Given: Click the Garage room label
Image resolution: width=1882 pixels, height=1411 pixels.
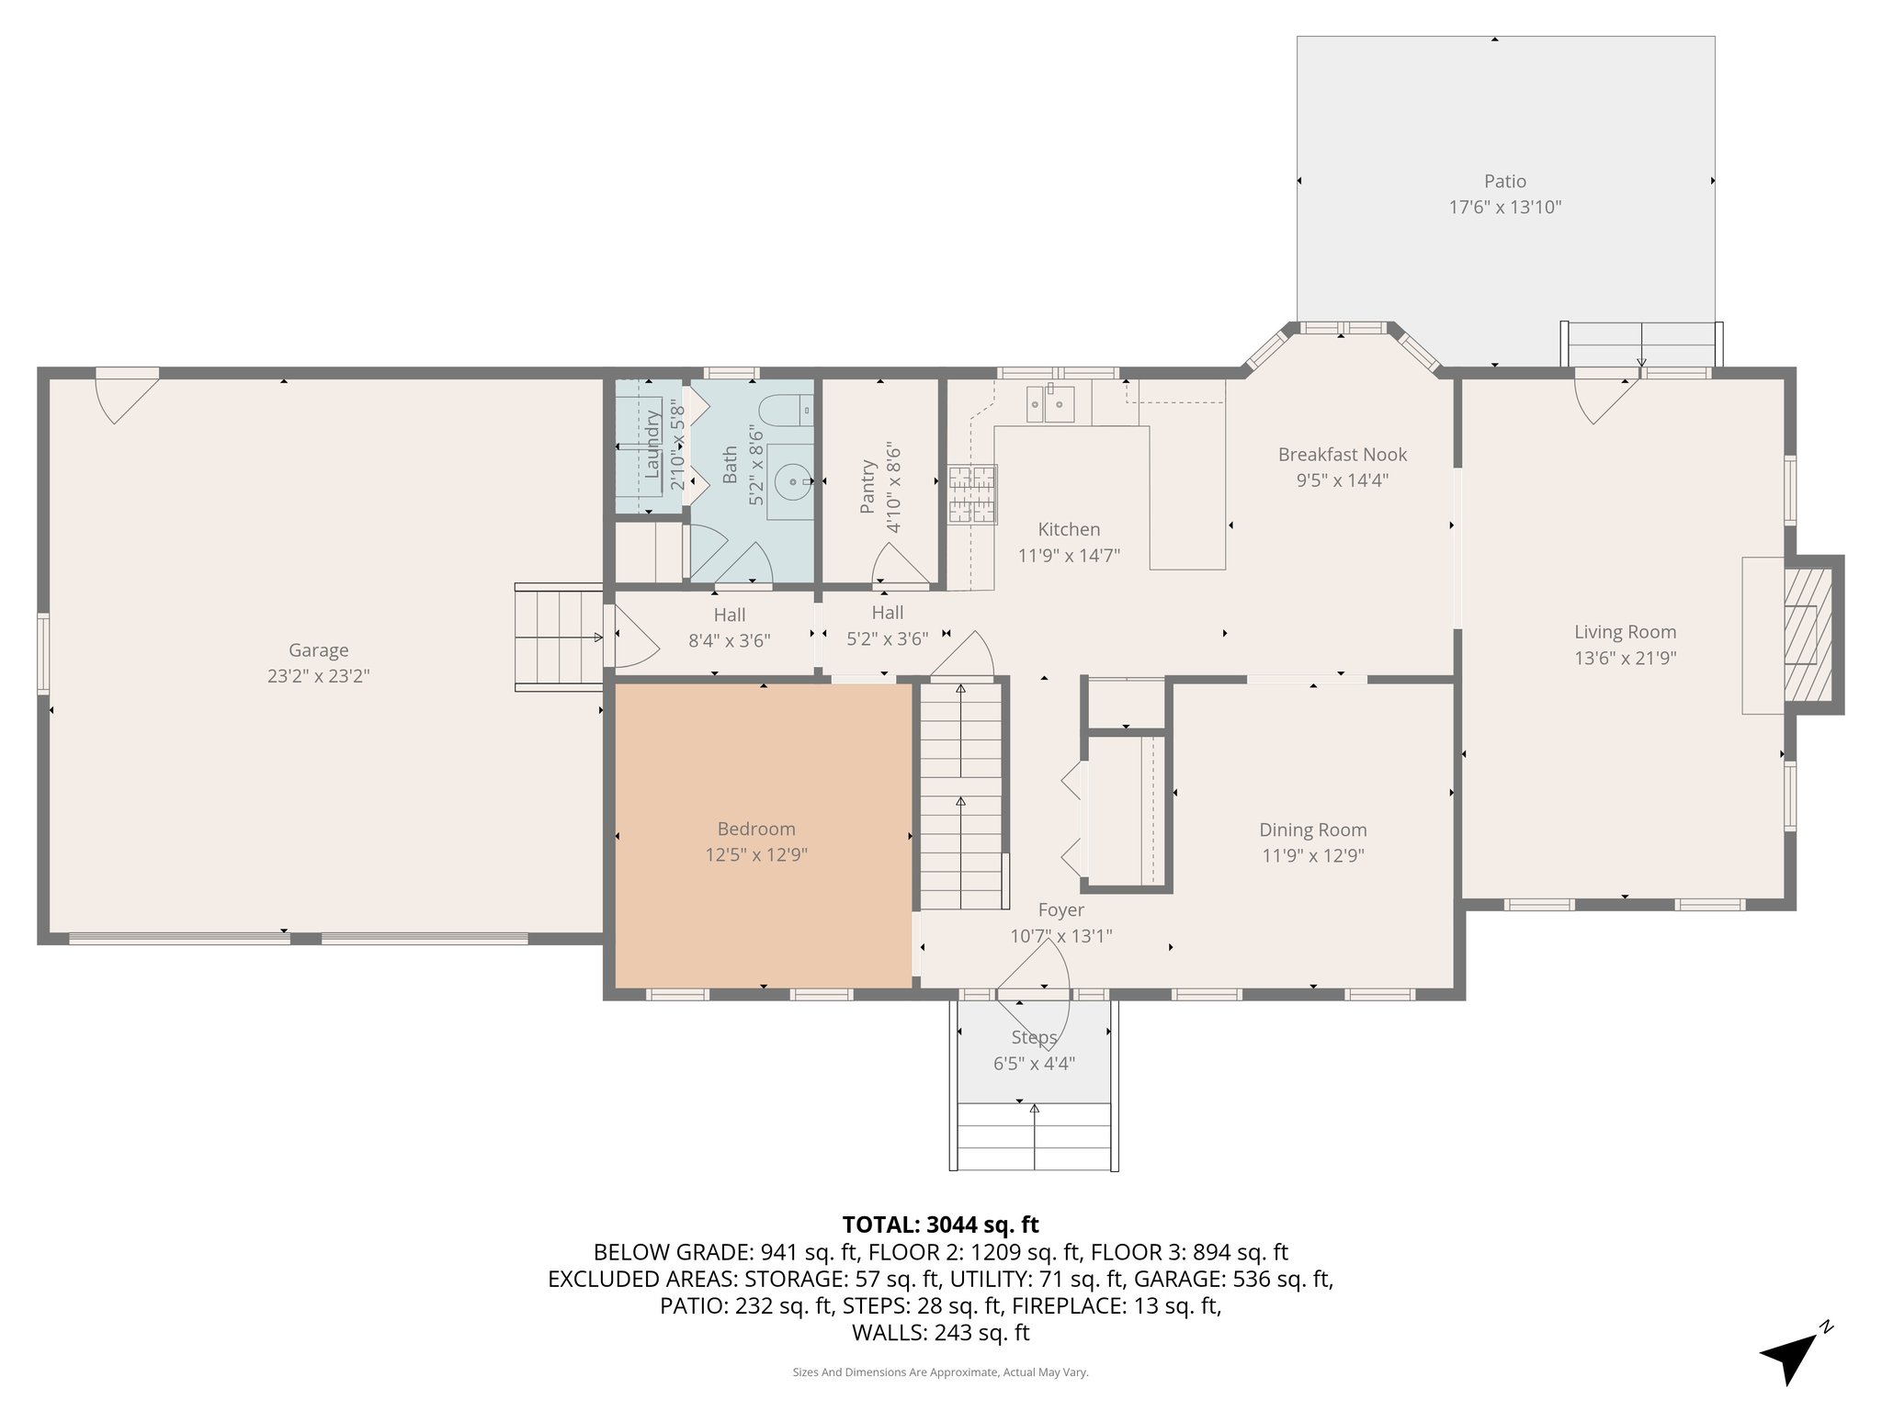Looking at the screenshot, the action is coord(319,650).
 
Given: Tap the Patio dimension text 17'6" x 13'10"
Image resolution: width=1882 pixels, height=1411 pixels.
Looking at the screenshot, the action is coord(1505,208).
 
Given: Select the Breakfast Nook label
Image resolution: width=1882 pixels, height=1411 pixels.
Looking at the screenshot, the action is coord(1343,455).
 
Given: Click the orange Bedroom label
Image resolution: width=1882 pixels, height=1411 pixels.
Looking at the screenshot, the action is coord(756,830).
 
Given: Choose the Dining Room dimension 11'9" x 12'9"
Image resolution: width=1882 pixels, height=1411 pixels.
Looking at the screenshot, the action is coord(1313,856).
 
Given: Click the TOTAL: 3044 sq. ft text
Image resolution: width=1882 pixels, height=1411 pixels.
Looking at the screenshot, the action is coord(940,1225).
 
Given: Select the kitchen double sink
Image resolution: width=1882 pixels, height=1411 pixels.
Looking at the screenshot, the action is coord(1050,404).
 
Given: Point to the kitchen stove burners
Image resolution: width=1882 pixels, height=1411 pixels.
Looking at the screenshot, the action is coord(972,494).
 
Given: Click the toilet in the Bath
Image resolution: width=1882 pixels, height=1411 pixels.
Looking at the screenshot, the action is coord(790,409).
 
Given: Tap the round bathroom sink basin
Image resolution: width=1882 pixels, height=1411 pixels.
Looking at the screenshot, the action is coord(791,480).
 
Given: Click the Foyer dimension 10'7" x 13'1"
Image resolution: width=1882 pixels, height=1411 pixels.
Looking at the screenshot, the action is coord(1061,936).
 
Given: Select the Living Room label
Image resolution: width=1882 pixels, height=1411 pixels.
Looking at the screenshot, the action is coord(1626,632).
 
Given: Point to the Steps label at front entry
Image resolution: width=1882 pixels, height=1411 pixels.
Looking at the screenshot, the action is coord(1034,1038).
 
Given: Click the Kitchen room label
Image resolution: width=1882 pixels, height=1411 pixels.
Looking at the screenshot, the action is coord(1069,529).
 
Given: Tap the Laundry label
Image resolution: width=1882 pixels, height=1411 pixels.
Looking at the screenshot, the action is coord(652,444).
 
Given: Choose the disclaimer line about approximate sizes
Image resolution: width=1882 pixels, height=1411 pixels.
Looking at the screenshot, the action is coord(940,1372).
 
